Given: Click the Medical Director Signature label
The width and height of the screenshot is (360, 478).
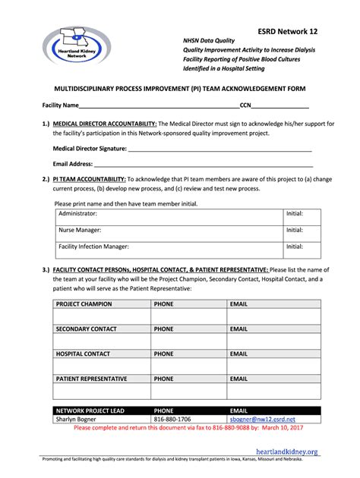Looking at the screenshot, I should coord(90,149).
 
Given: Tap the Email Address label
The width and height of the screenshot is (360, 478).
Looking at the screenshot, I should coord(73,164).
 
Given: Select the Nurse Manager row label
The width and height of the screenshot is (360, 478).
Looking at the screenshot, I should coord(80,230).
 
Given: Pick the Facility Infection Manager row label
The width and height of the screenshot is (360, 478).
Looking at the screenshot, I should coord(93,247).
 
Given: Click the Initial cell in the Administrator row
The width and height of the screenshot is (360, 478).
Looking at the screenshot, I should coord(295,215).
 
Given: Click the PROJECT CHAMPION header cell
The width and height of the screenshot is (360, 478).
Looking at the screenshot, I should coord(84,304).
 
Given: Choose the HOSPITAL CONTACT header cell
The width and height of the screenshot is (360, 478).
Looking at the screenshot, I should coord(83,354).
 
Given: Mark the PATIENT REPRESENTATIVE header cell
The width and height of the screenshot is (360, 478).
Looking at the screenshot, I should coord(91,378).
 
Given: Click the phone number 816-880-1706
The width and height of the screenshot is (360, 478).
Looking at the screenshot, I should coord(172,419).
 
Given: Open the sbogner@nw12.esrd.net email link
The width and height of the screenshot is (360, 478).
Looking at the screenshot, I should coord(263,419).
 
